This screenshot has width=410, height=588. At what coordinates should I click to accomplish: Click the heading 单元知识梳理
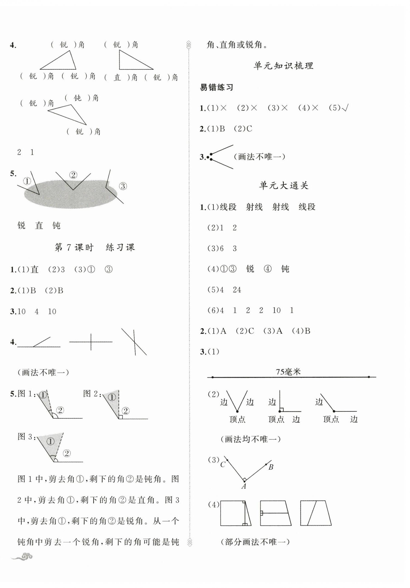283,66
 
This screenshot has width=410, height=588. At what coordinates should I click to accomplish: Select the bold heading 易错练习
216,87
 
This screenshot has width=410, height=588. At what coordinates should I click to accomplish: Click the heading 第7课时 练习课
94,247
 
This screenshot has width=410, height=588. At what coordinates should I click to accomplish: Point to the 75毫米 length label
288,372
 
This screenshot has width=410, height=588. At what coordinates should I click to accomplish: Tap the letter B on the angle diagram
271,467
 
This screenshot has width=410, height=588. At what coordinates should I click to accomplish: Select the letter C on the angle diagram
223,464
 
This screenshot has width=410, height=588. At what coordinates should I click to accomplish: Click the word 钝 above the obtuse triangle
77,98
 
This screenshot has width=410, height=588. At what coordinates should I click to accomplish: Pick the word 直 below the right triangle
117,77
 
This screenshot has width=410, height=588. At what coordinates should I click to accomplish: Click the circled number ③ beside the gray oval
123,186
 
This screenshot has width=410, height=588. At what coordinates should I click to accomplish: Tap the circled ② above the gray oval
73,175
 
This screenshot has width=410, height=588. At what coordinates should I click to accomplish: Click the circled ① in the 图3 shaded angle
51,441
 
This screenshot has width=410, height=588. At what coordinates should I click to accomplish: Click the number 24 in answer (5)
237,290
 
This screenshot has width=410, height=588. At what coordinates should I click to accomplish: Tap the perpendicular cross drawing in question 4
91,342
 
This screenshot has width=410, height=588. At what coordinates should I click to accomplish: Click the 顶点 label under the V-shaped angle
237,419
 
